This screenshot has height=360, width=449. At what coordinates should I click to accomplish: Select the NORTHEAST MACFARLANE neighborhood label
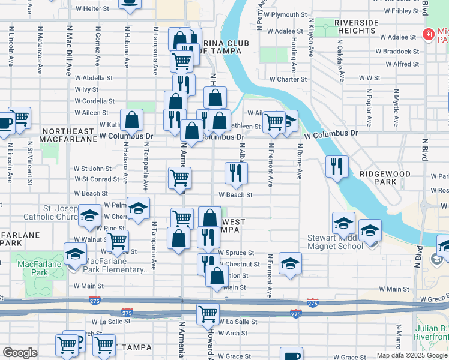pos(68,135)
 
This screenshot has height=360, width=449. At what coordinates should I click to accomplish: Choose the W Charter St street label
pos(288,79)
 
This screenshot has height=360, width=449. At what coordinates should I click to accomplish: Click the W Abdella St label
pos(94,78)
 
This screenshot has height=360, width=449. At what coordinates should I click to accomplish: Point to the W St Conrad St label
pos(97,179)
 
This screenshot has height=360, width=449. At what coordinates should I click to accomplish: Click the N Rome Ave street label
pos(300,162)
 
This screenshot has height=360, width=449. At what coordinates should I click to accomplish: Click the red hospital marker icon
pos(428,35)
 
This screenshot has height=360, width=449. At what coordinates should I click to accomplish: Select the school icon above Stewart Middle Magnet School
pos(344,223)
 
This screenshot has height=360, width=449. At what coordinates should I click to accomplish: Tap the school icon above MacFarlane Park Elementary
pos(76,255)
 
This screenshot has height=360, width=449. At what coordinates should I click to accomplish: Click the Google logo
pos(20,353)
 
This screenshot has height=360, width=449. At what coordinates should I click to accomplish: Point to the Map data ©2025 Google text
pos(411,355)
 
